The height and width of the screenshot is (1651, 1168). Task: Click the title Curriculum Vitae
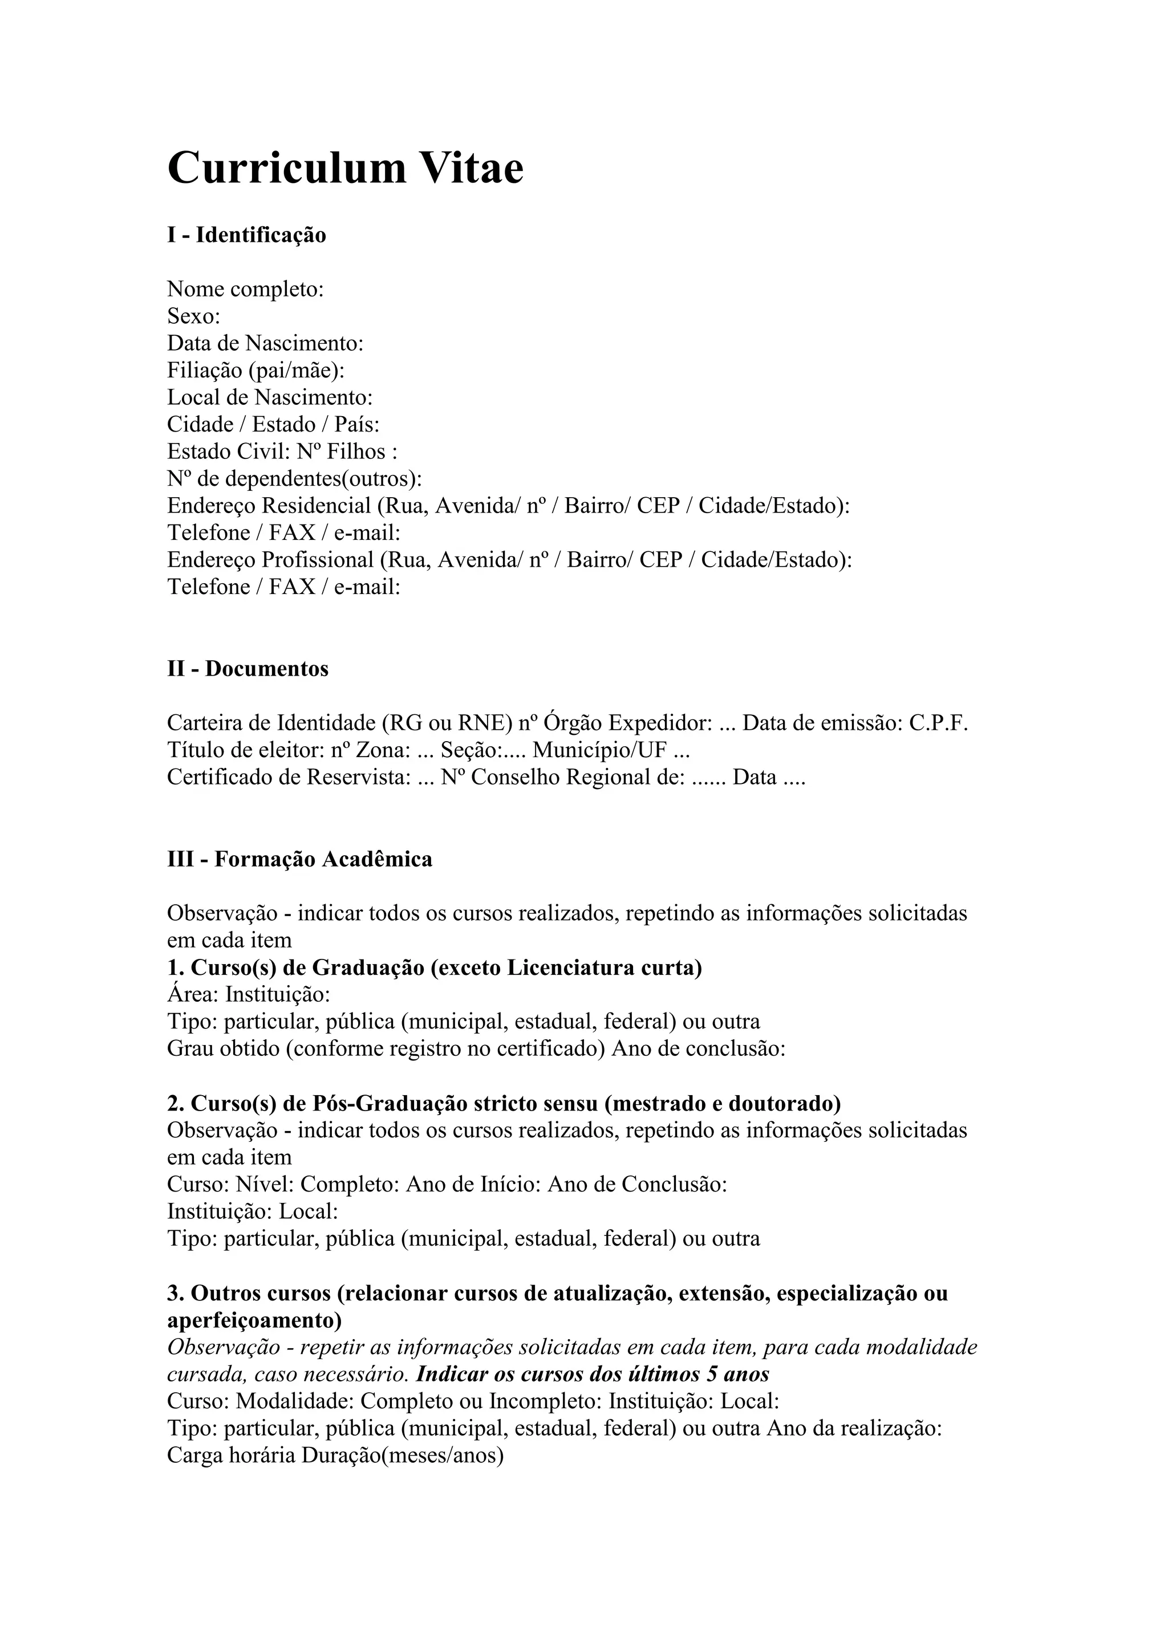[345, 168]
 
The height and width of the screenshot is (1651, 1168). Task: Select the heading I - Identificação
[247, 235]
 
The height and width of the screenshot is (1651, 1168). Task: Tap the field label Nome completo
[245, 289]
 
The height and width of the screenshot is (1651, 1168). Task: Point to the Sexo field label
[193, 316]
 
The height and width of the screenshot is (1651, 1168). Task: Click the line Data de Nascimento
[265, 343]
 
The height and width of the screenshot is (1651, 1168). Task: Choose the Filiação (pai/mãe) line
[255, 371]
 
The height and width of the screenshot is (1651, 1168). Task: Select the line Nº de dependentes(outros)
[294, 478]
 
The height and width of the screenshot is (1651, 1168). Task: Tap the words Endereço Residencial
[269, 506]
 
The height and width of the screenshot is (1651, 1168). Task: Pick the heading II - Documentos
[248, 669]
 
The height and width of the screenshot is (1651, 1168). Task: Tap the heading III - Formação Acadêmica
[300, 859]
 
